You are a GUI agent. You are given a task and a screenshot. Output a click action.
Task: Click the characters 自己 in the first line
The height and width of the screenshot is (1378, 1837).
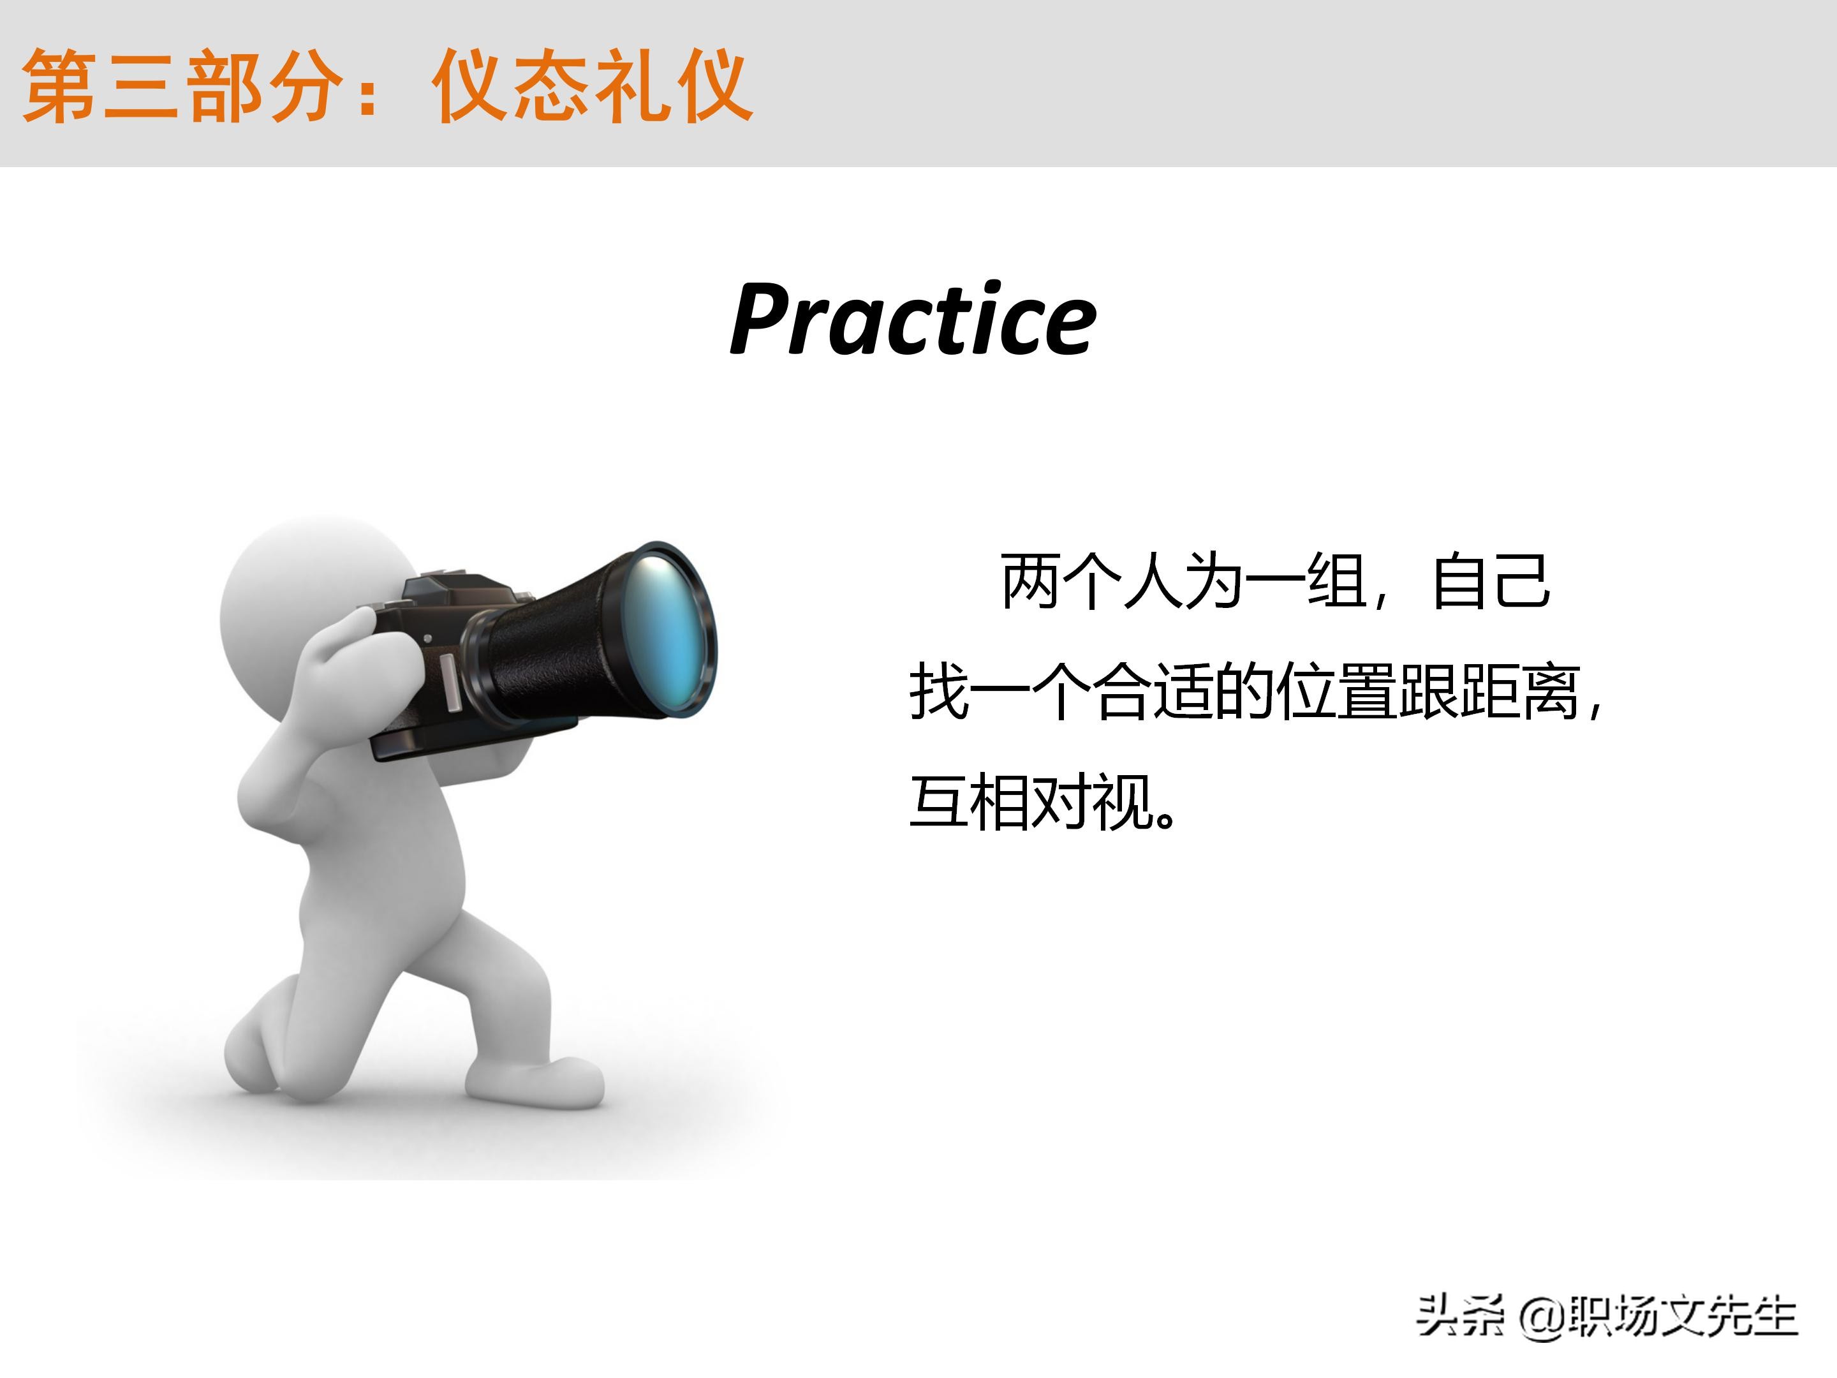[1491, 581]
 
